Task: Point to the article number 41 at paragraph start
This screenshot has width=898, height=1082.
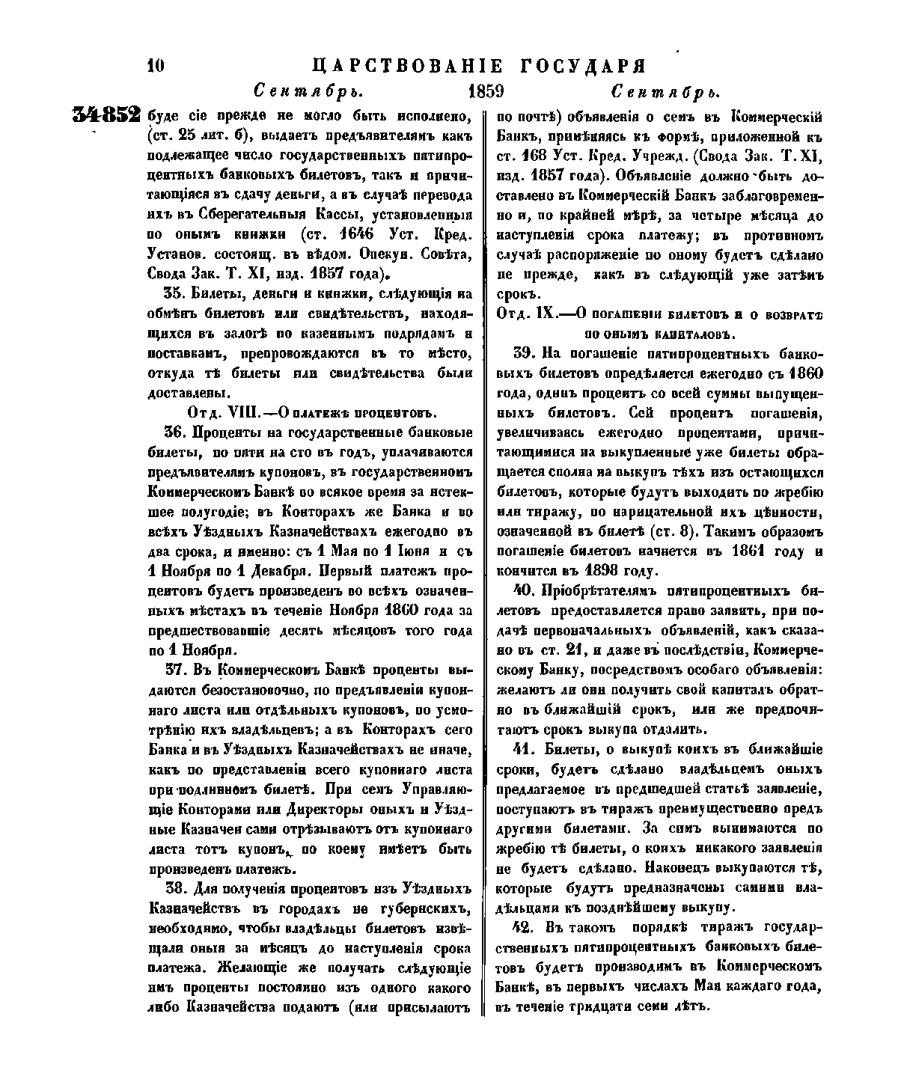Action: tap(523, 750)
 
